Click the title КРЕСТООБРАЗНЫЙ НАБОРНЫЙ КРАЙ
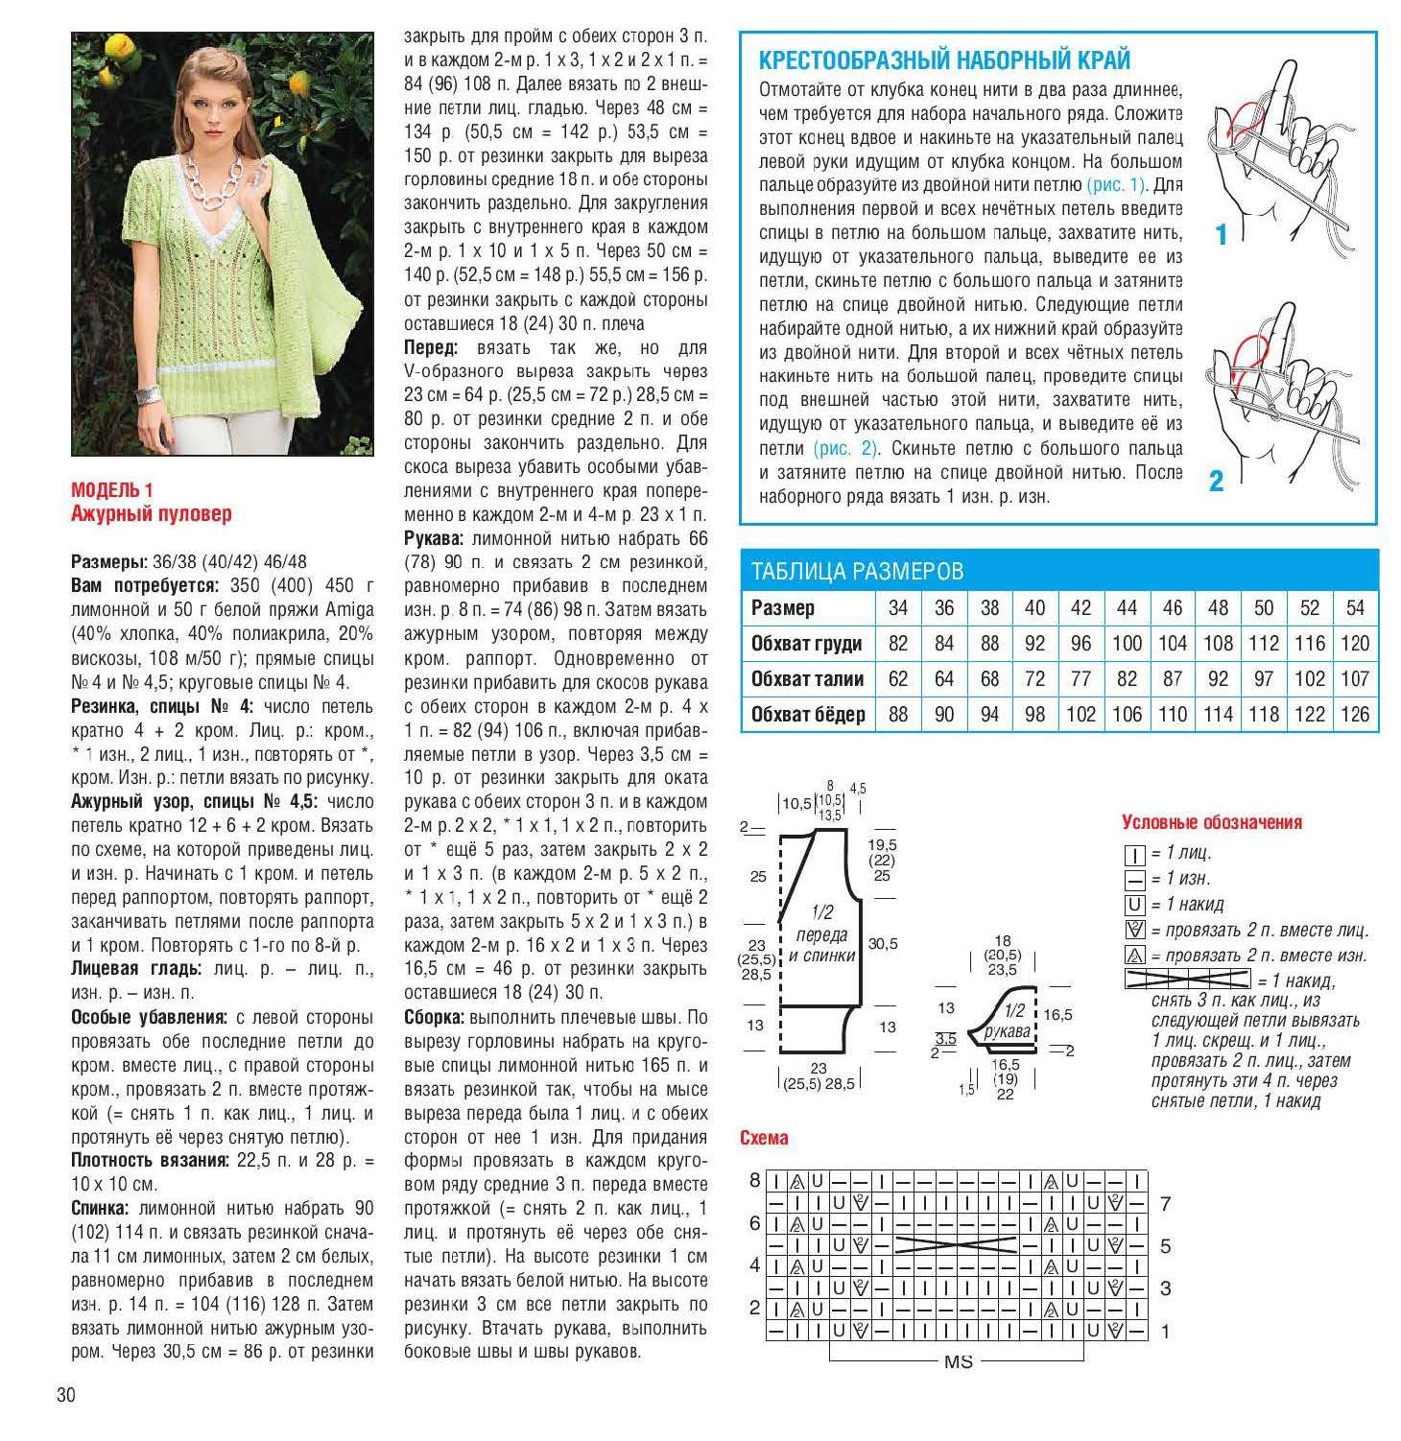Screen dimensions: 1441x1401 click(x=944, y=60)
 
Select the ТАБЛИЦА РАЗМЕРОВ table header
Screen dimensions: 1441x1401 click(x=857, y=572)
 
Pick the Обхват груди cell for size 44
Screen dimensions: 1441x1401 click(x=1127, y=644)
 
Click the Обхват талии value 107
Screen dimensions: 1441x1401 click(x=1354, y=679)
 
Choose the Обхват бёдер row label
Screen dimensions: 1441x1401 click(x=807, y=715)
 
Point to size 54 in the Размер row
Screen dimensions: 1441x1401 click(x=1354, y=608)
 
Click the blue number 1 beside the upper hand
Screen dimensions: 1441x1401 click(x=1221, y=234)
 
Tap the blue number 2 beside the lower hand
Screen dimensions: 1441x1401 click(x=1216, y=481)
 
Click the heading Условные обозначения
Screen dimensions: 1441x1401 click(x=1212, y=822)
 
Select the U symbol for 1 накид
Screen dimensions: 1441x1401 click(x=1134, y=905)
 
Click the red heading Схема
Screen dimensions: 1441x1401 click(x=764, y=1138)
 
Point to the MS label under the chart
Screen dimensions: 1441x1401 click(x=958, y=1362)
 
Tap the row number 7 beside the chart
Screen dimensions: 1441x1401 click(x=1165, y=1204)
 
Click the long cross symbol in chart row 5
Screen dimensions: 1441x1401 click(x=956, y=1245)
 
